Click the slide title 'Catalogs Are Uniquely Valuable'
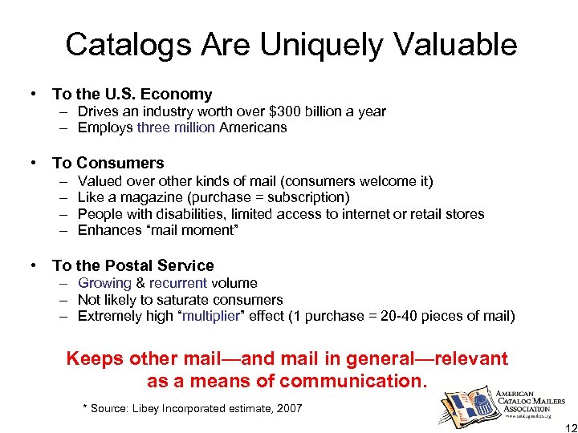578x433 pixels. click(291, 44)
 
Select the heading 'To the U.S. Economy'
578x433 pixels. click(132, 95)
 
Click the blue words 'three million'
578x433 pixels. click(176, 127)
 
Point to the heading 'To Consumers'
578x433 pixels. click(108, 163)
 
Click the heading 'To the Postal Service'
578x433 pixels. click(132, 265)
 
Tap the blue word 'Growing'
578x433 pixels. click(104, 283)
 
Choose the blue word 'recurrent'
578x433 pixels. click(178, 283)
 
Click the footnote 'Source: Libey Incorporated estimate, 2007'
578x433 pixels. click(197, 409)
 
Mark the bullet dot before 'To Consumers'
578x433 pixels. click(34, 163)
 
